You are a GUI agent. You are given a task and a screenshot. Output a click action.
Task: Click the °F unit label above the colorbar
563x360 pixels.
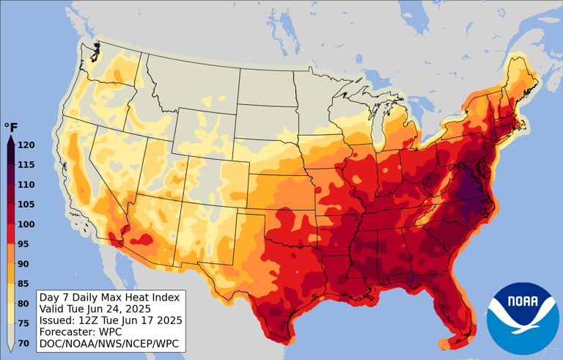(11, 128)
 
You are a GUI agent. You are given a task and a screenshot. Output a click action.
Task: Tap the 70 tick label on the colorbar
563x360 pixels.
(23, 343)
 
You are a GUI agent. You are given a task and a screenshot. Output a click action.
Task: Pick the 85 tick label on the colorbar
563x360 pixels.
(23, 284)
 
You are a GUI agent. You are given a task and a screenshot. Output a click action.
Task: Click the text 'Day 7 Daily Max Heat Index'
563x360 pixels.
(108, 298)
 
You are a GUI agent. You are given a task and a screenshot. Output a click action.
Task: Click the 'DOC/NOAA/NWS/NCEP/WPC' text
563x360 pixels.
(108, 343)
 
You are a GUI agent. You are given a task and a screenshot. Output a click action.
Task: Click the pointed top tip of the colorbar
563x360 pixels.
(11, 138)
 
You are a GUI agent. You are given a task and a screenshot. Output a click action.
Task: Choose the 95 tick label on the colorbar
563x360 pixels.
(23, 244)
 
